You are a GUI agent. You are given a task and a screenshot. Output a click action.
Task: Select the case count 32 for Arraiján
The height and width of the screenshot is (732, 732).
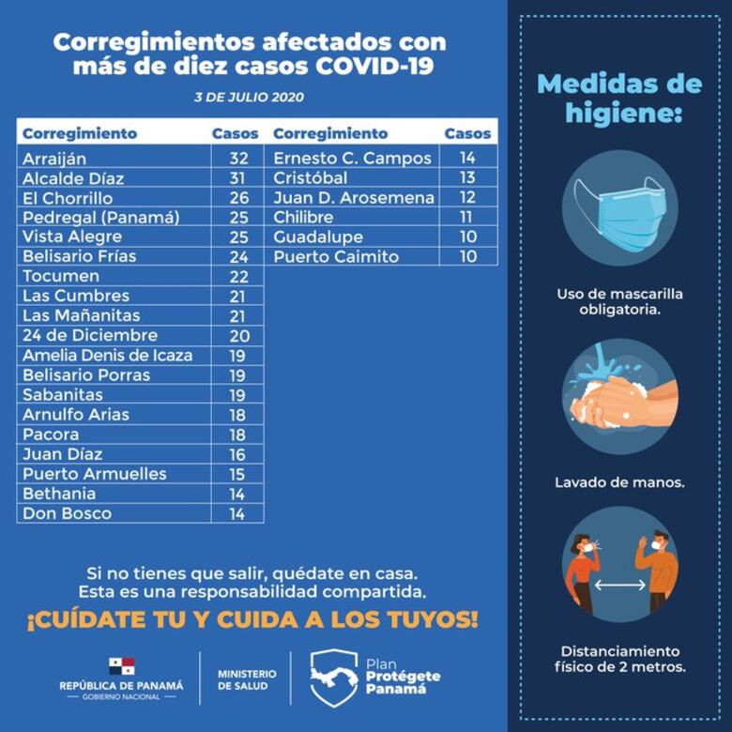click(x=237, y=159)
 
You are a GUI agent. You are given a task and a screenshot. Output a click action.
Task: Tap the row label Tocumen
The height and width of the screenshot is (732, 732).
click(x=60, y=277)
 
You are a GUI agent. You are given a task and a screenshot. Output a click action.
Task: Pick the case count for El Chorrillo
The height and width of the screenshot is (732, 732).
click(x=237, y=198)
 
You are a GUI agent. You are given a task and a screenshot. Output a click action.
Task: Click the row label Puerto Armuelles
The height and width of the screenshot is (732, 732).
click(x=94, y=474)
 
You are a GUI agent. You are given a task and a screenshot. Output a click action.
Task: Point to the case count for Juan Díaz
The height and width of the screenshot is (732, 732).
click(x=237, y=454)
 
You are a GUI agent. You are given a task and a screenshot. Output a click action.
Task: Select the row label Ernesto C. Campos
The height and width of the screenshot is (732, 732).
click(x=352, y=159)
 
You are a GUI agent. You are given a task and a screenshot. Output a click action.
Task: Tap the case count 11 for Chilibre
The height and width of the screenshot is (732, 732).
click(x=467, y=218)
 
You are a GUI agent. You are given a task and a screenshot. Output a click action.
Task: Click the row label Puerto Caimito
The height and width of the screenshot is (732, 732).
click(x=336, y=257)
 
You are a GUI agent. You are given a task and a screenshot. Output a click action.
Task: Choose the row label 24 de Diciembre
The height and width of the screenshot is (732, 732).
click(x=89, y=336)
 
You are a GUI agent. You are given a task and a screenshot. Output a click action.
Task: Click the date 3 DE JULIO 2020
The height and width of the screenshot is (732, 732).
click(x=249, y=98)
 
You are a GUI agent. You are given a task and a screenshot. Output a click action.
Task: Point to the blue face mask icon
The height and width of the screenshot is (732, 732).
click(x=618, y=209)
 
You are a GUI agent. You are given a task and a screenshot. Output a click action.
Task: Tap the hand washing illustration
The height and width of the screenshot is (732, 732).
click(x=619, y=398)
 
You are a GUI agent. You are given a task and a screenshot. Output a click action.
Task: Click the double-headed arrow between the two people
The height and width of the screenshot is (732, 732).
click(x=619, y=585)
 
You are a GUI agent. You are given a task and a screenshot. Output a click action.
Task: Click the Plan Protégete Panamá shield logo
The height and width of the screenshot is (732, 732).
click(x=334, y=675)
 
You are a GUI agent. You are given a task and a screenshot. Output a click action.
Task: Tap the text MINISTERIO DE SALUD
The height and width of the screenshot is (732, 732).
click(x=247, y=679)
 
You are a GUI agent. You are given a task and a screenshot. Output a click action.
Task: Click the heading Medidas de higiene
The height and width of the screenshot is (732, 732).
click(x=619, y=99)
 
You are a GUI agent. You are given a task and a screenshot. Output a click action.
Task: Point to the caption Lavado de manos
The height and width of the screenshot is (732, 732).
click(x=619, y=482)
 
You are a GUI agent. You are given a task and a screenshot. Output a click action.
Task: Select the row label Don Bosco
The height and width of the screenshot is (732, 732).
click(x=67, y=513)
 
